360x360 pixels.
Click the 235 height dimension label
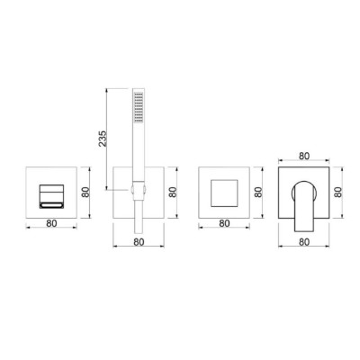(x=103, y=139)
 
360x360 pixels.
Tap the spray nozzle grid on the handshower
(x=139, y=107)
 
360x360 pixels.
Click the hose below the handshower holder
(x=139, y=216)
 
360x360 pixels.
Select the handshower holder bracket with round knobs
(x=139, y=190)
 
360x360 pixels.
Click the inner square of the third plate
(x=224, y=193)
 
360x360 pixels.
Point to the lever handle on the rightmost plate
(x=303, y=206)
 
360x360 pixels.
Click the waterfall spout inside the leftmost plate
(x=51, y=196)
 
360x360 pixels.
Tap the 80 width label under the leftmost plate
(x=51, y=223)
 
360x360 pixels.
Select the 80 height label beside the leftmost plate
(x=85, y=192)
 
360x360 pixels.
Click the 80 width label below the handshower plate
(x=139, y=242)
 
